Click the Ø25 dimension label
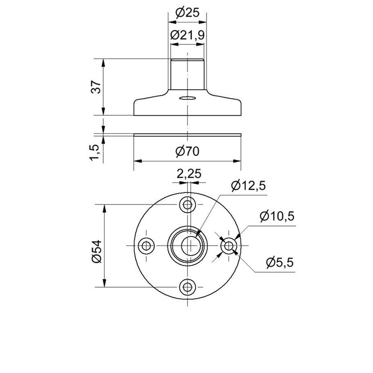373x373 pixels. coord(187,13)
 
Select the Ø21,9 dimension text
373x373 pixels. coord(187,35)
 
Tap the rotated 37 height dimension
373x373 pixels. coord(97,87)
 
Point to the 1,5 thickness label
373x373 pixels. coord(94,152)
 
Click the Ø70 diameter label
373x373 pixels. coord(187,151)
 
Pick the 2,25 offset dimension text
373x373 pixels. coord(189,173)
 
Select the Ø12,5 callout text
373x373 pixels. coord(249,186)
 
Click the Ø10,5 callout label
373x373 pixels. coord(277,216)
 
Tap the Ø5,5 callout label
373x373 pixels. coord(280,262)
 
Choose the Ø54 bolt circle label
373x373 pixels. coord(97,251)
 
